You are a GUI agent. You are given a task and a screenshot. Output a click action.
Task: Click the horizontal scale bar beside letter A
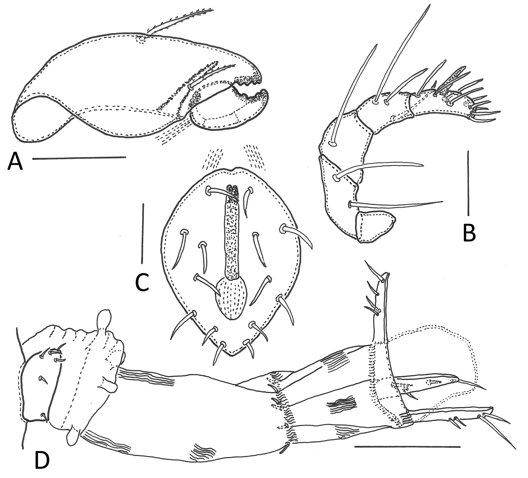79,158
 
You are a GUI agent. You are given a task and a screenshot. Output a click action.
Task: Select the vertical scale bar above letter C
143,234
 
